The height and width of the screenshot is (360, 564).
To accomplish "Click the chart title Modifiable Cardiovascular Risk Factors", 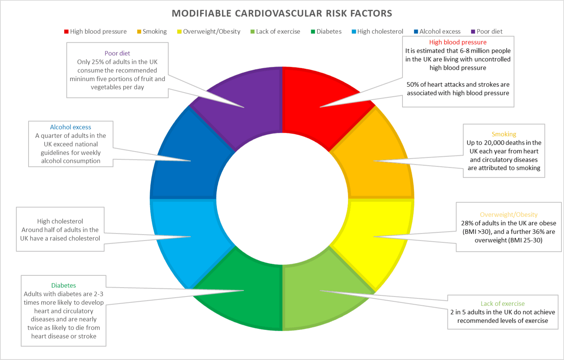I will tap(282, 13).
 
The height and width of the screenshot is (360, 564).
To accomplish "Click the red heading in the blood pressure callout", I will tap(458, 42).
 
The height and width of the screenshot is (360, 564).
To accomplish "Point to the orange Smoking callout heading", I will tap(504, 134).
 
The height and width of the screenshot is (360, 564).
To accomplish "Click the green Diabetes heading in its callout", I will tap(63, 285).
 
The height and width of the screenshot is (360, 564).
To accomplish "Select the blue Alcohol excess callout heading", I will tap(70, 127).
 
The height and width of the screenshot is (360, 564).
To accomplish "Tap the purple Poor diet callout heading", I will tap(117, 53).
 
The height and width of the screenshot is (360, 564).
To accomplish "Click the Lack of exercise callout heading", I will tap(502, 304).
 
